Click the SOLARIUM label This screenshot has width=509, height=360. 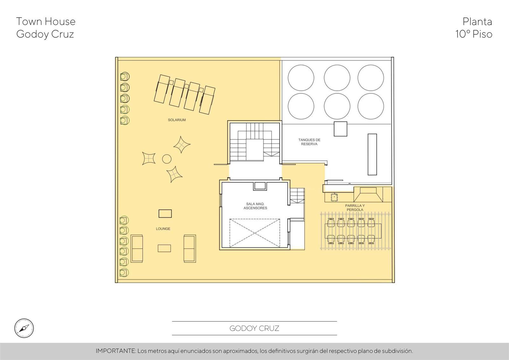177,120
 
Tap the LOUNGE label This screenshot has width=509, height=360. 163,229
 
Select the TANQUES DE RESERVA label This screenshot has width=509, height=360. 309,142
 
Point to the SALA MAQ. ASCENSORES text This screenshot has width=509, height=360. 255,206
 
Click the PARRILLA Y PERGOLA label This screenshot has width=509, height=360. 355,208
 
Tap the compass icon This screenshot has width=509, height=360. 24,328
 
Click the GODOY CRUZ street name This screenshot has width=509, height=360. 254,328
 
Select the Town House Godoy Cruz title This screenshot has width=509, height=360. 46,28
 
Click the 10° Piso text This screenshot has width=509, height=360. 474,34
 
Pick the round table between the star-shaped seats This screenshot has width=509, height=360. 167,159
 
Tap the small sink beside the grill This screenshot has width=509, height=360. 334,197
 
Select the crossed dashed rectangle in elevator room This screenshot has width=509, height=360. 254,233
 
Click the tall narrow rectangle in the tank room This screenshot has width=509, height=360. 372,154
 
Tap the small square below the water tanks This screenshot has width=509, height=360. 340,129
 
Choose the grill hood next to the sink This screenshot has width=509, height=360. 368,195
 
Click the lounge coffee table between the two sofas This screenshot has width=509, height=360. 164,248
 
